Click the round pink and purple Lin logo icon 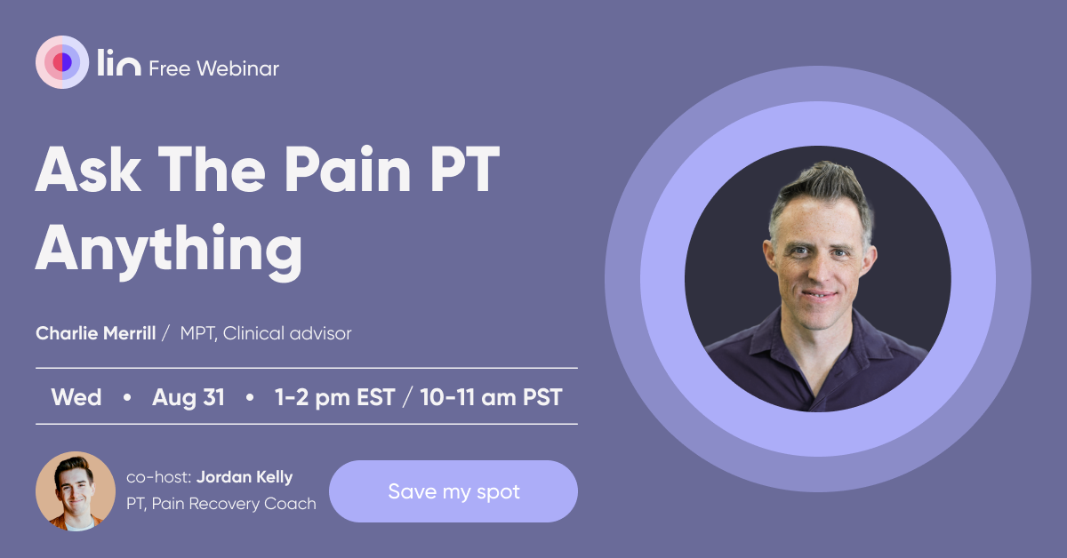click(62, 62)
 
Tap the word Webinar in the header click(237, 68)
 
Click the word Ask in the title click(88, 169)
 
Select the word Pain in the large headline click(348, 169)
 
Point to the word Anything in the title click(169, 250)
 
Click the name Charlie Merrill click(96, 333)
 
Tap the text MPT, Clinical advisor click(266, 333)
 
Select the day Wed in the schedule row click(76, 397)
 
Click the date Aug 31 click(189, 397)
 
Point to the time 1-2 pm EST click(335, 397)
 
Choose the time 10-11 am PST click(491, 397)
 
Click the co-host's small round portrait click(76, 490)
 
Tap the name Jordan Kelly click(245, 477)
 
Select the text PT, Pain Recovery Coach click(221, 504)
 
